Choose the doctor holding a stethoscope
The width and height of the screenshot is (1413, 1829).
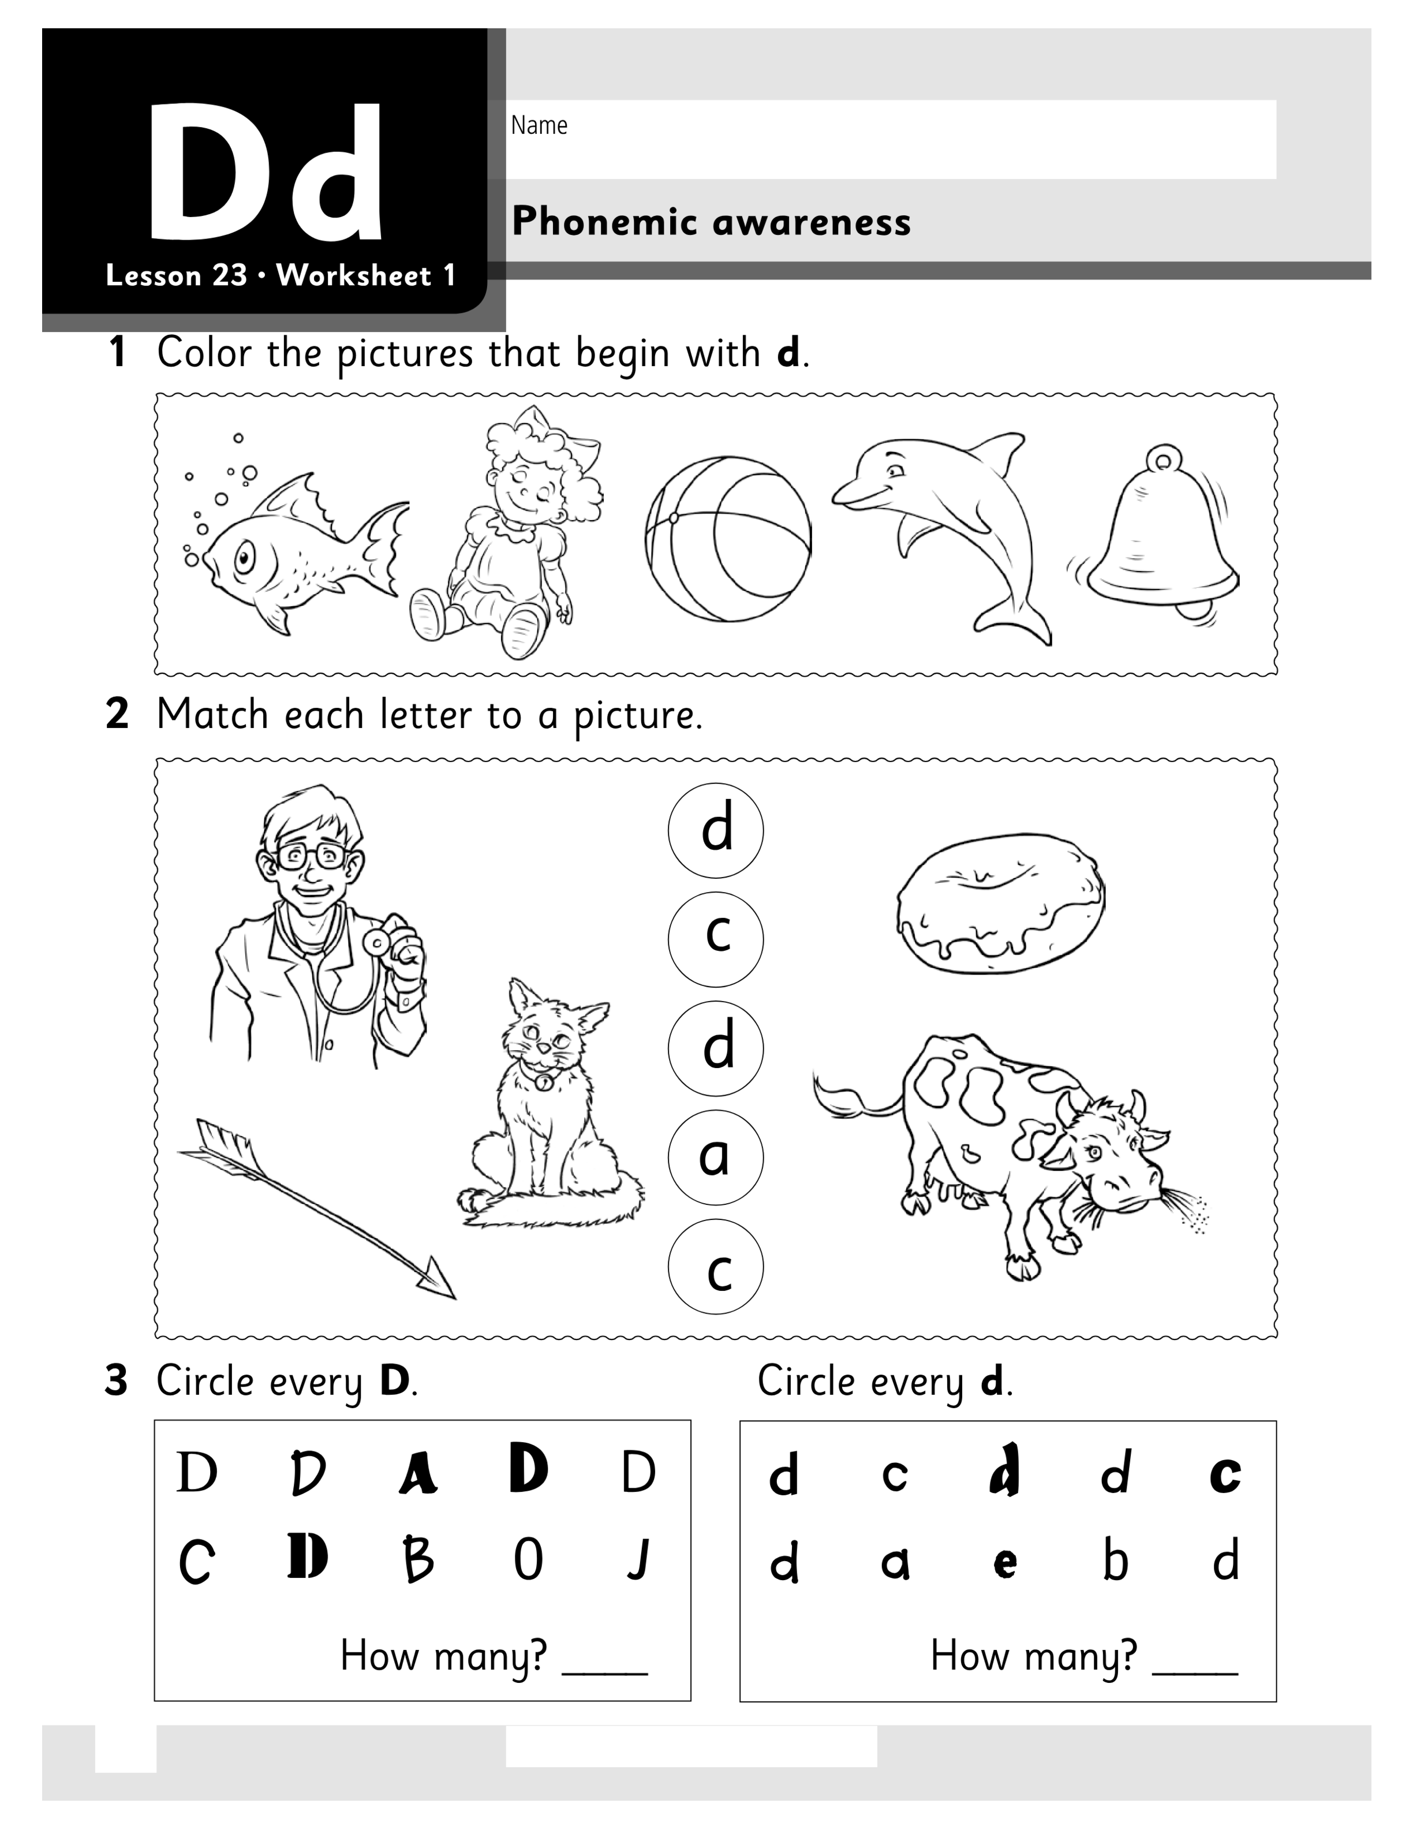click(316, 925)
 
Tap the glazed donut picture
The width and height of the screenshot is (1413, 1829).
click(1000, 903)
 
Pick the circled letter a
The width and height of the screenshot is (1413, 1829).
click(716, 1156)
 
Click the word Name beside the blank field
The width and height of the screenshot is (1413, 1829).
click(539, 126)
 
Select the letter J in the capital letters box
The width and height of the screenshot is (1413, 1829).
click(639, 1559)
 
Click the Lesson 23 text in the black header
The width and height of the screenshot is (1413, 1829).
click(177, 275)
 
